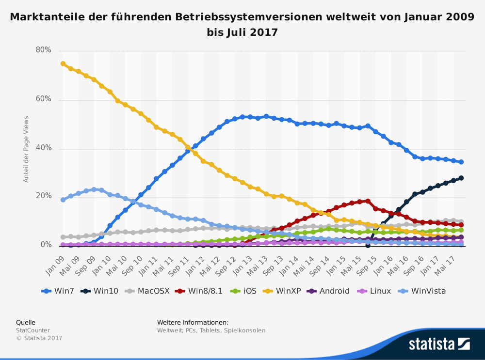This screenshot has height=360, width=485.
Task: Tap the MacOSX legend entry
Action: coord(149,291)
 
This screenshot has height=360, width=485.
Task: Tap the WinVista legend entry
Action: coord(423,291)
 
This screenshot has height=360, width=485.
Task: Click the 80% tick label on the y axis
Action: coord(44,50)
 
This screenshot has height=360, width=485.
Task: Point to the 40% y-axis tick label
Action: coord(44,148)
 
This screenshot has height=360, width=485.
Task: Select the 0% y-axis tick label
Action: coord(46,245)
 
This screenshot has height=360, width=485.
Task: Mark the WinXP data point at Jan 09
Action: coord(63,63)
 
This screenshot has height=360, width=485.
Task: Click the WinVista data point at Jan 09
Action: coord(63,200)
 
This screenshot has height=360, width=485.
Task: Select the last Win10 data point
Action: coord(461,178)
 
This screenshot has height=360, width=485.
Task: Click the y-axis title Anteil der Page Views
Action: coord(27,149)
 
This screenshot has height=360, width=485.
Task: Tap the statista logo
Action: coord(439,344)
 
